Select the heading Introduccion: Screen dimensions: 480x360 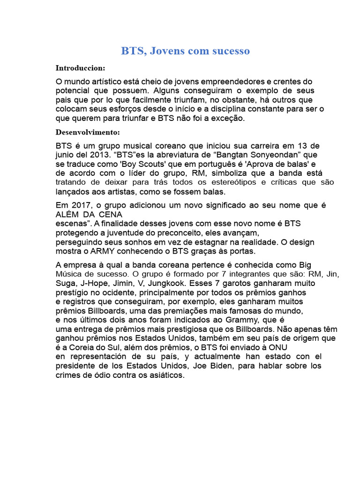81,68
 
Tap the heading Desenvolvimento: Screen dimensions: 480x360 88,132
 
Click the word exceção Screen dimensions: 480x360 228,119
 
